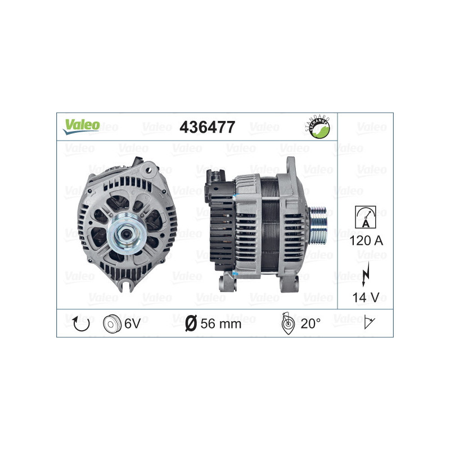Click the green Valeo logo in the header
[x=81, y=126]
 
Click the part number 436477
[x=206, y=128]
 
